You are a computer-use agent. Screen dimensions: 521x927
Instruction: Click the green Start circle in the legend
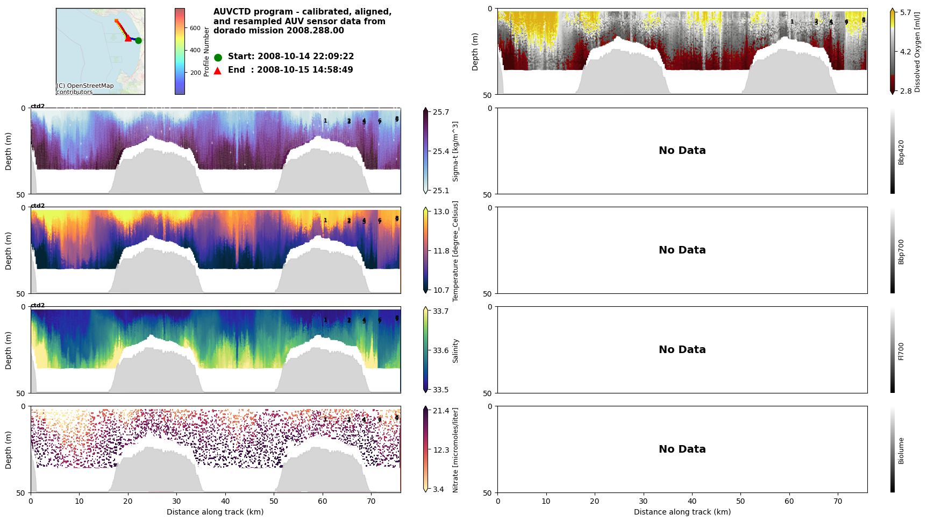(x=218, y=57)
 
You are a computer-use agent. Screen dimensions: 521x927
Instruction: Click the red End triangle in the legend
(x=218, y=71)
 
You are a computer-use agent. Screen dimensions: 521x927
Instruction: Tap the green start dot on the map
(x=138, y=40)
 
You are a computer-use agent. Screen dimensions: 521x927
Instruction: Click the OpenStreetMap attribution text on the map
(x=85, y=89)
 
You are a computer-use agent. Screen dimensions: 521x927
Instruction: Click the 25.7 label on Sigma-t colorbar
(x=441, y=112)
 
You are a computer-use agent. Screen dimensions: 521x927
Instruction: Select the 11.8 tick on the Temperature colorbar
(x=441, y=251)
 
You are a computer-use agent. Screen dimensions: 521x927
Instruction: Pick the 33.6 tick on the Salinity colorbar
(x=441, y=350)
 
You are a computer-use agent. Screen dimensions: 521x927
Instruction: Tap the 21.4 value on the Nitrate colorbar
(x=441, y=411)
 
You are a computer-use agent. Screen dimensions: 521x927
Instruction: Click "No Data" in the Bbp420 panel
(x=682, y=151)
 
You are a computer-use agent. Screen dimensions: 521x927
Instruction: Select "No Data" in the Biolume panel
(x=682, y=449)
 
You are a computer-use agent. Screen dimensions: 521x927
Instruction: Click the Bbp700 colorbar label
(x=901, y=251)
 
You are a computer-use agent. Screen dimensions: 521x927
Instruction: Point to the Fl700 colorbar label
(x=901, y=351)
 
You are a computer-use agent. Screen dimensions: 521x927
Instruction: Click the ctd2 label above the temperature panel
(x=38, y=206)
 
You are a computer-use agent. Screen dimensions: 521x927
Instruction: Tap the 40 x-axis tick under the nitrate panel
(x=225, y=501)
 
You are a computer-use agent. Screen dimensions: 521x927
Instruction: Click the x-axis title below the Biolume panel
(x=682, y=512)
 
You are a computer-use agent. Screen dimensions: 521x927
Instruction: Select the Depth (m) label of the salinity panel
(x=9, y=350)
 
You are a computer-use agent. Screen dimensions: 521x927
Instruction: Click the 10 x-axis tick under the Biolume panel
(x=546, y=501)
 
